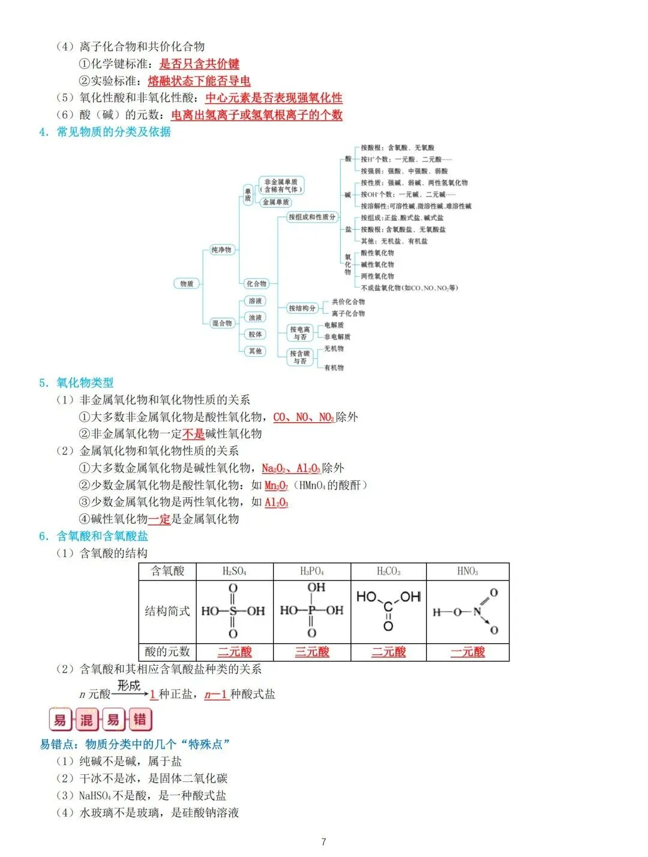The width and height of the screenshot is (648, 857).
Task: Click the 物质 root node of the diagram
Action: tap(187, 284)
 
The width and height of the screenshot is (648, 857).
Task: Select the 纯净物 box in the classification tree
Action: tap(221, 249)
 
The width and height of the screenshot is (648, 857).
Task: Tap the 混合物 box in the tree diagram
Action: tap(221, 323)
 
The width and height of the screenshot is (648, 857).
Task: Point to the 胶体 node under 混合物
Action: tap(255, 334)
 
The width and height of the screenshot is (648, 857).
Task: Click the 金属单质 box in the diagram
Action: tap(275, 202)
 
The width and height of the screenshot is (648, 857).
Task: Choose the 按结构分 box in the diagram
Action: tap(302, 308)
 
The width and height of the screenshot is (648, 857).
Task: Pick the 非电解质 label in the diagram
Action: tap(337, 337)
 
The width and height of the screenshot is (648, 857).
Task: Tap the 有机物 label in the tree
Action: tap(334, 368)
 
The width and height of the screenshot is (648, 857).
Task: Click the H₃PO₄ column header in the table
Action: tap(312, 572)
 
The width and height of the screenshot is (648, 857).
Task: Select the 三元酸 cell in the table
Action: tap(312, 652)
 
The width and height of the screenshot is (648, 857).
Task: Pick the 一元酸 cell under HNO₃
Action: tap(467, 652)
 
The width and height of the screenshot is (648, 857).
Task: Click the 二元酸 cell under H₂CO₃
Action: tap(388, 652)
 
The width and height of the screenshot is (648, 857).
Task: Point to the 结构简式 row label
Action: tap(167, 611)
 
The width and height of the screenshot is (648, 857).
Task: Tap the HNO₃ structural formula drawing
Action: tap(467, 611)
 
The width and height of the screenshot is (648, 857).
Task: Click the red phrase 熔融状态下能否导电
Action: tap(199, 81)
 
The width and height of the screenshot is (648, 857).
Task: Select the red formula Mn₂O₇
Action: tap(276, 485)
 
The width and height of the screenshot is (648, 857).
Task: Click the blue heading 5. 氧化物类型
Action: tap(76, 383)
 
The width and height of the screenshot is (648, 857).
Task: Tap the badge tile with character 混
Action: tap(87, 720)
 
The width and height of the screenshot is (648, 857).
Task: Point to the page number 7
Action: tap(323, 841)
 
